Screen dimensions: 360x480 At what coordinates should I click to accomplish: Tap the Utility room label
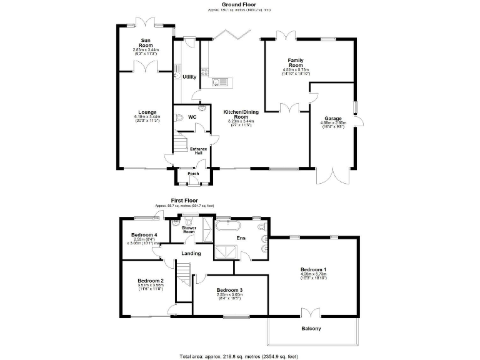[189, 77]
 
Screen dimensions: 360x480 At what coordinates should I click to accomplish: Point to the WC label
[192, 117]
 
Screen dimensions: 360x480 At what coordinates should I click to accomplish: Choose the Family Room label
[296, 62]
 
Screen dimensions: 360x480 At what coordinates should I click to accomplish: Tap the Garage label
[332, 118]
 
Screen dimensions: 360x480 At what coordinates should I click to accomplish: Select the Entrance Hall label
[199, 150]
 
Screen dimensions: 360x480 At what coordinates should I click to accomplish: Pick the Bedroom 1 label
[314, 269]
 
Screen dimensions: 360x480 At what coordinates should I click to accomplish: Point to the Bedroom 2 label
[151, 281]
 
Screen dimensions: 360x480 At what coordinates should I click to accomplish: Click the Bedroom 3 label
[229, 290]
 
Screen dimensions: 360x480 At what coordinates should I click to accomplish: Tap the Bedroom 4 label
[144, 235]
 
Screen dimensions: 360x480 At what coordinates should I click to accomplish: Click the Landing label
[191, 253]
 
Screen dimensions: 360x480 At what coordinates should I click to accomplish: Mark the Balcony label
[311, 329]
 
